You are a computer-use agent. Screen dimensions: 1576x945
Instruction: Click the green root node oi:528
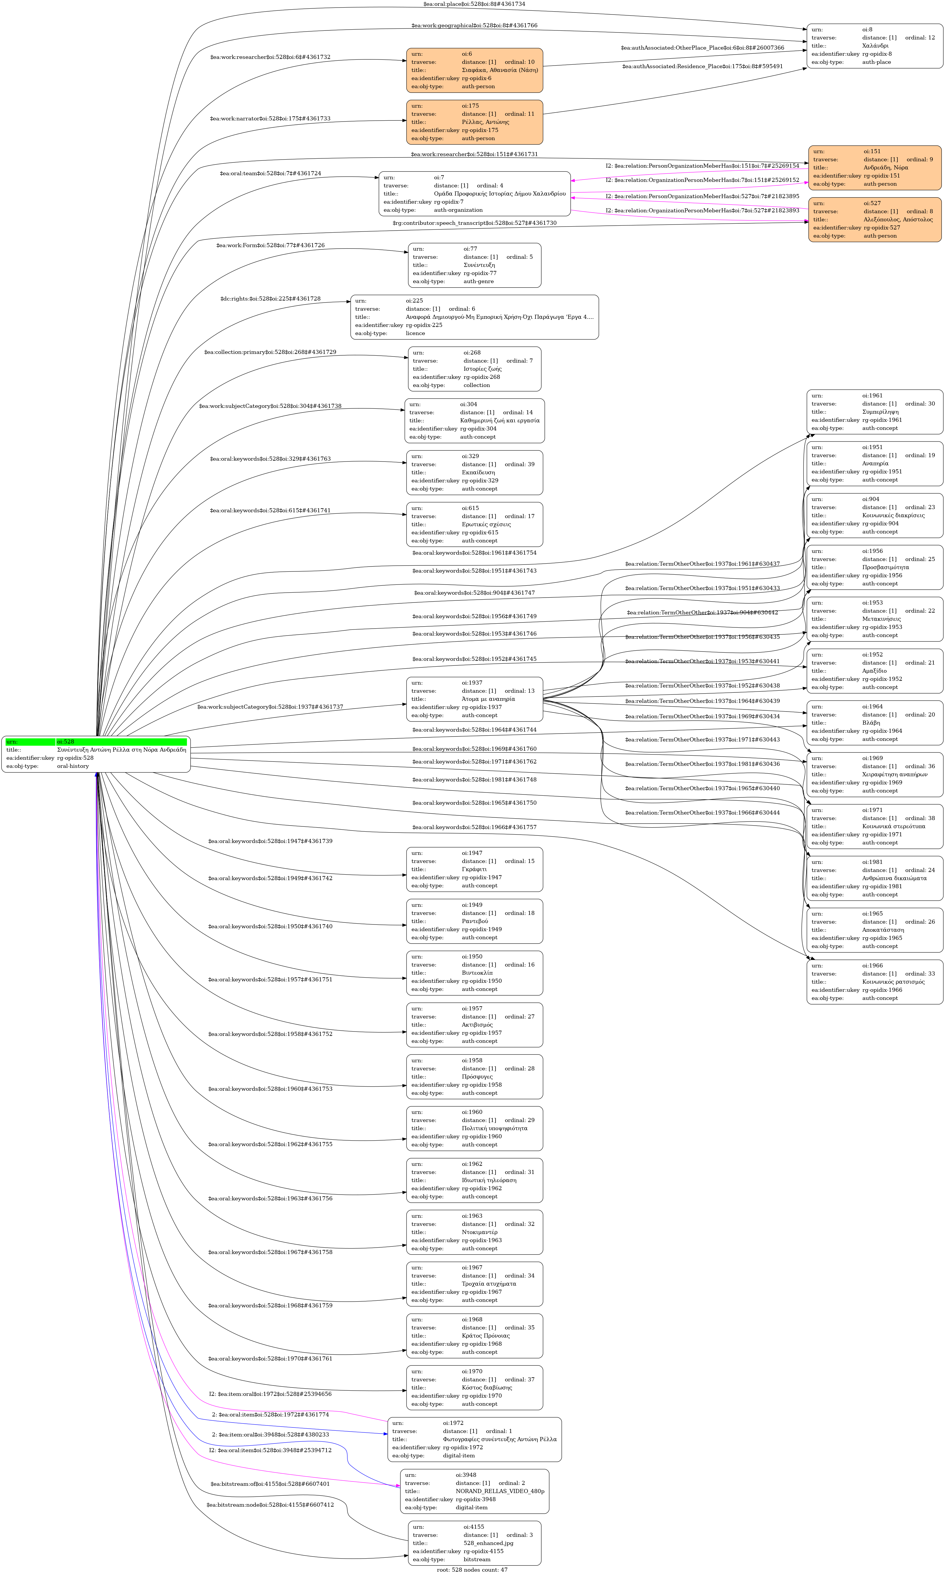click(95, 754)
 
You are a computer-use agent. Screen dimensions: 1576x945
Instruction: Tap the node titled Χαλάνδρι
click(874, 46)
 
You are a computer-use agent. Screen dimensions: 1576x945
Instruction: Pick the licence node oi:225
click(474, 316)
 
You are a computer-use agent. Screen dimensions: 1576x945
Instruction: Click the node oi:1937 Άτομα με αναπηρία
click(474, 699)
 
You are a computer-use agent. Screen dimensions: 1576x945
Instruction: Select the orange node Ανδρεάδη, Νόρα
click(874, 168)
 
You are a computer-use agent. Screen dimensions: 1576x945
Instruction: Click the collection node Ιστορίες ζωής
click(474, 369)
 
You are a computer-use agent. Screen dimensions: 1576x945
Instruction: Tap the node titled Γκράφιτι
click(474, 869)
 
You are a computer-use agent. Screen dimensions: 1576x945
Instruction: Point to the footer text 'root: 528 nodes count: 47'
click(472, 1570)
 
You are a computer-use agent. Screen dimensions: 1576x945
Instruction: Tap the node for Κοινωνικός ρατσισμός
click(874, 982)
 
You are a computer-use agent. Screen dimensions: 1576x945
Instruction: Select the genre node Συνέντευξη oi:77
click(474, 265)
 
